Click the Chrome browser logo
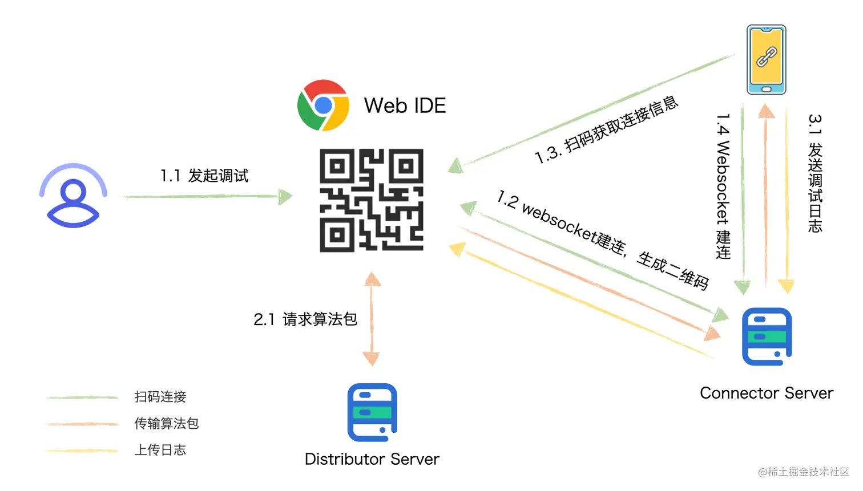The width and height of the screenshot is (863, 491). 323,105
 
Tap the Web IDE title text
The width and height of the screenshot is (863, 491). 405,106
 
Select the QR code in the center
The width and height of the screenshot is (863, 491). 371,200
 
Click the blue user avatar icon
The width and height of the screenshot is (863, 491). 73,196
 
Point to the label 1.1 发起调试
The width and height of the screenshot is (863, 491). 204,176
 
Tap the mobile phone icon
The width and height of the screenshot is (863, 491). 767,59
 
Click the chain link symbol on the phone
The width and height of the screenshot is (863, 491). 767,57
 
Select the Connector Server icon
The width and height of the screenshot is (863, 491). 767,336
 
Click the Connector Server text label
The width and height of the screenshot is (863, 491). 766,393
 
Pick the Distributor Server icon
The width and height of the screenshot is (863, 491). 372,412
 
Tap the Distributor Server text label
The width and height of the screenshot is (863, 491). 372,459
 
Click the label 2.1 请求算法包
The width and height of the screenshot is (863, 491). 305,319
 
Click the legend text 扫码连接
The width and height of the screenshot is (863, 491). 160,397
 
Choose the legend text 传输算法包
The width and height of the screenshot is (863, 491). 167,424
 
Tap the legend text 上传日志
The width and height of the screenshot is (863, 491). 160,450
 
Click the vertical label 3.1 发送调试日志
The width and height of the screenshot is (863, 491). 814,173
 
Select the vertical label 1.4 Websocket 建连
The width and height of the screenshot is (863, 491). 723,186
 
